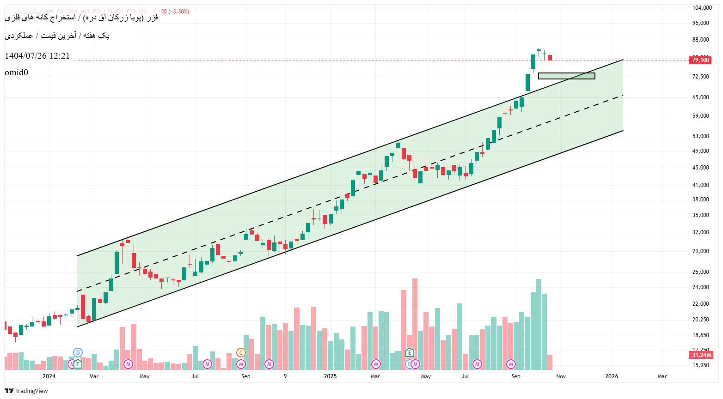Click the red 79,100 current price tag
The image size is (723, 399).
pos(700,60)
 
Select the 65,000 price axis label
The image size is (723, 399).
pos(700,97)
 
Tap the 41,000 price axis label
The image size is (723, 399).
pos(700,185)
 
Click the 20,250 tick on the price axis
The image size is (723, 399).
pos(700,320)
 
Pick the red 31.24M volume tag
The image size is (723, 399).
pos(701,355)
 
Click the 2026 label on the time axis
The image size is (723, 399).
pos(612,376)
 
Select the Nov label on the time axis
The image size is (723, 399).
pos(561,376)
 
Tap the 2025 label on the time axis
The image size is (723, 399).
pos(330,376)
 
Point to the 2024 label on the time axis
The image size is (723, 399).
pos(49,376)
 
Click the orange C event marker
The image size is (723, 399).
pos(241,353)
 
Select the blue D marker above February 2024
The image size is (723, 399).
pos(78,353)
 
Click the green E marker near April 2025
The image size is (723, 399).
pos(410,353)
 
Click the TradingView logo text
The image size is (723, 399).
pos(31,391)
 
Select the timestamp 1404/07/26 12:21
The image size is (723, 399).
pos(37,56)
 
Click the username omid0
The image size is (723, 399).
pos(17,73)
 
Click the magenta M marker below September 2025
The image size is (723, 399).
pos(511,364)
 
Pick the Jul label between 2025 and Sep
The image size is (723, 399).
pos(465,376)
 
